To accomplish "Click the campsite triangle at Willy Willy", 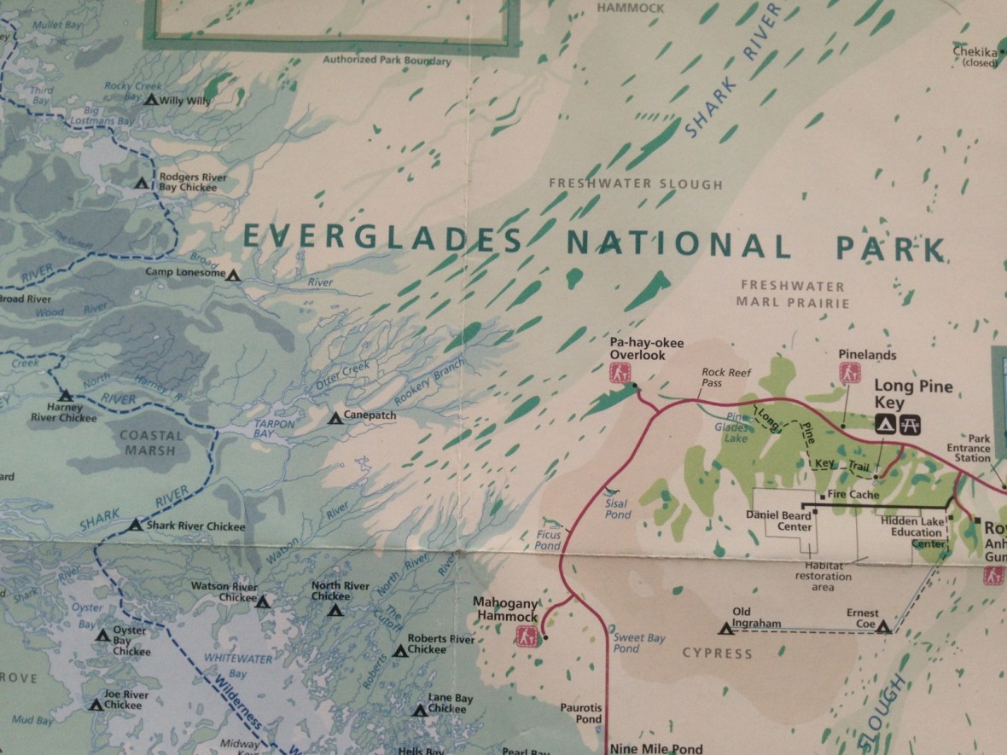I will pos(151,100).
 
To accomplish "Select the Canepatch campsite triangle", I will pos(335,417).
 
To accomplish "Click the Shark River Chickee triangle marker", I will pos(136,525).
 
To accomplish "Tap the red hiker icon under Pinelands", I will pos(848,372).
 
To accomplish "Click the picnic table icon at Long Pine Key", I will pos(909,422).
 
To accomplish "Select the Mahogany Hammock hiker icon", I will pos(527,636).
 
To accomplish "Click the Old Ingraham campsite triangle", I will pos(726,629).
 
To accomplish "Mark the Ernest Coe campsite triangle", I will pos(883,627).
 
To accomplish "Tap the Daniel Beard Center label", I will pos(778,520).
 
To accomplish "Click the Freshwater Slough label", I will pos(635,183).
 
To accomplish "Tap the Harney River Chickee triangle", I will pos(65,395).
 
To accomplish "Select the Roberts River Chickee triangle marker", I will pos(399,650).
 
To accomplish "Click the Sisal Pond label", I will pos(617,509).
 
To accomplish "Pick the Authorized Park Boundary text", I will pos(387,61).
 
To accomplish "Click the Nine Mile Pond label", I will pos(656,749).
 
